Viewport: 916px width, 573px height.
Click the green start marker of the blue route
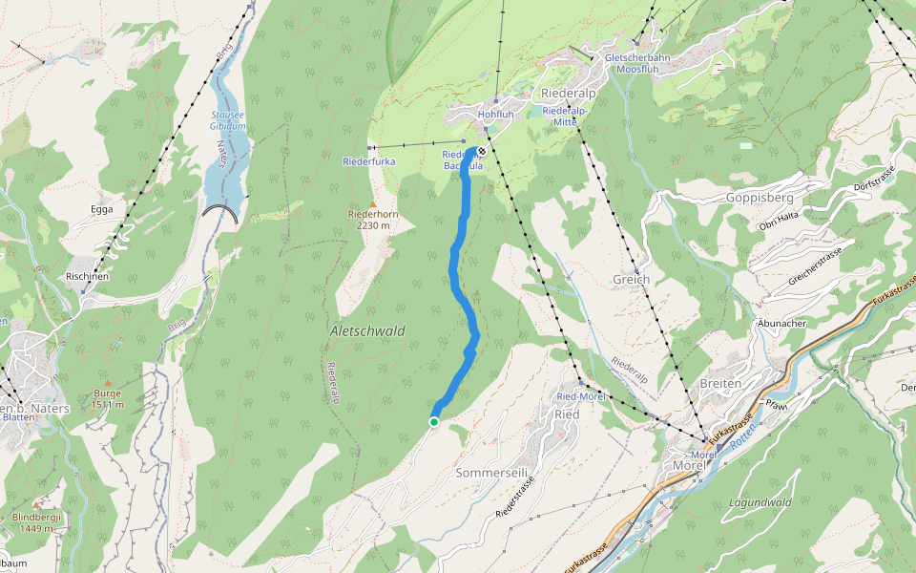point(434,421)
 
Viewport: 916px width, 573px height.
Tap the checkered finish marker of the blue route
point(483,151)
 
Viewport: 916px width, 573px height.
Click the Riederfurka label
point(368,162)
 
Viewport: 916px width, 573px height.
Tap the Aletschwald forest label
point(367,330)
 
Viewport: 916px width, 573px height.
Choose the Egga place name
point(101,209)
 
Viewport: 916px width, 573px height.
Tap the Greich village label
point(632,280)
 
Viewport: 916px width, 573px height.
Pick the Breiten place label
point(720,383)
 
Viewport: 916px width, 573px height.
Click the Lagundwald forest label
point(760,501)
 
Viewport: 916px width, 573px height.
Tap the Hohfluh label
point(495,115)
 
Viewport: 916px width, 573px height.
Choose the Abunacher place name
point(781,324)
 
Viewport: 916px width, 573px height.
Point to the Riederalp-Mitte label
point(562,117)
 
